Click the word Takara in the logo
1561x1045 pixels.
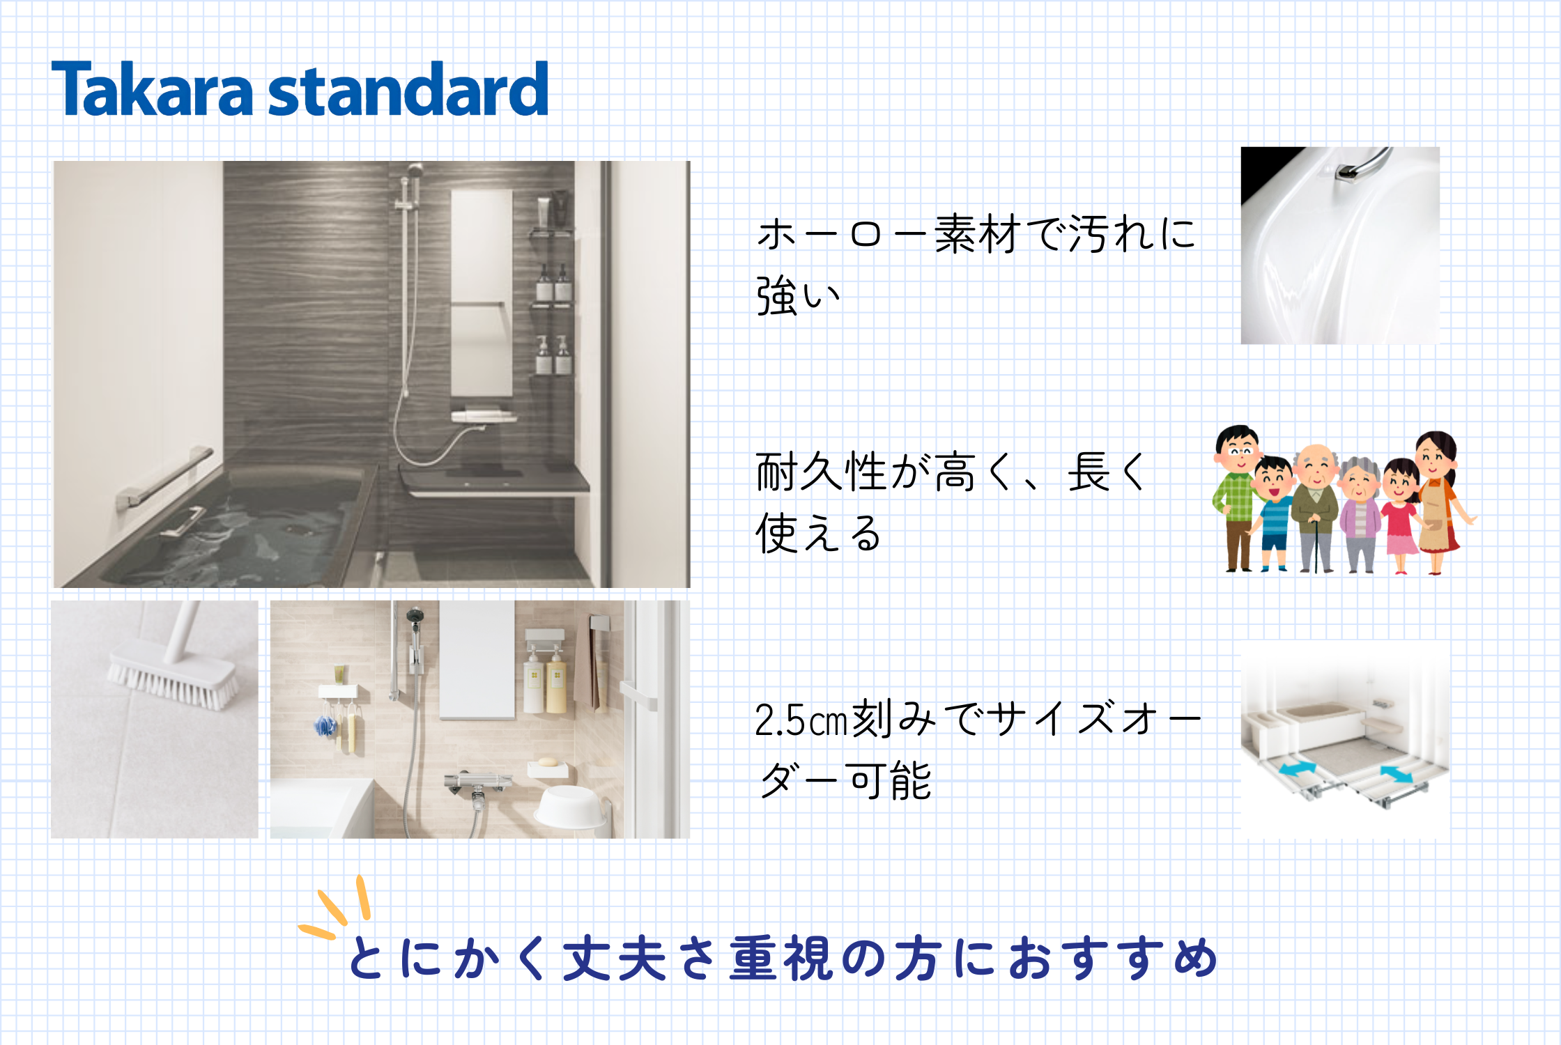pyautogui.click(x=152, y=88)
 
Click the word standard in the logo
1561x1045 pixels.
pyautogui.click(x=408, y=88)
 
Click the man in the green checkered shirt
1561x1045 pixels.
pyautogui.click(x=1236, y=497)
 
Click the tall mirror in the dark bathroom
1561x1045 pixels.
pyautogui.click(x=482, y=293)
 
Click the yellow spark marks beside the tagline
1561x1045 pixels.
pyautogui.click(x=334, y=906)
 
